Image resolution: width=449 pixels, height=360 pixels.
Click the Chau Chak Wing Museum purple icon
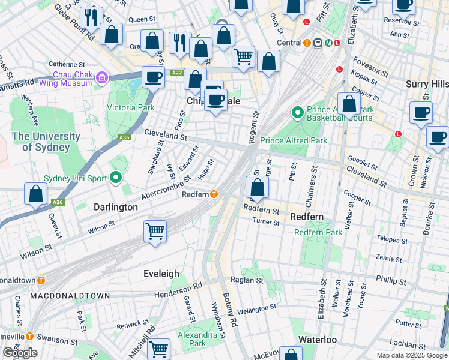[x=101, y=77]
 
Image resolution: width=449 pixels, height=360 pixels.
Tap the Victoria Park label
[x=130, y=108]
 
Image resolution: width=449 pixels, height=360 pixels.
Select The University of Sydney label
[x=46, y=142]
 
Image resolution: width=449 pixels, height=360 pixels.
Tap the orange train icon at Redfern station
[x=214, y=194]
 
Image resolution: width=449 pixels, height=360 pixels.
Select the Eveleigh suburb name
[x=161, y=274]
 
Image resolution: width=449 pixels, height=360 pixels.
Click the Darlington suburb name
[x=116, y=206]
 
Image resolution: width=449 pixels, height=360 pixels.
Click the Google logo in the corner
[x=20, y=352]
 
